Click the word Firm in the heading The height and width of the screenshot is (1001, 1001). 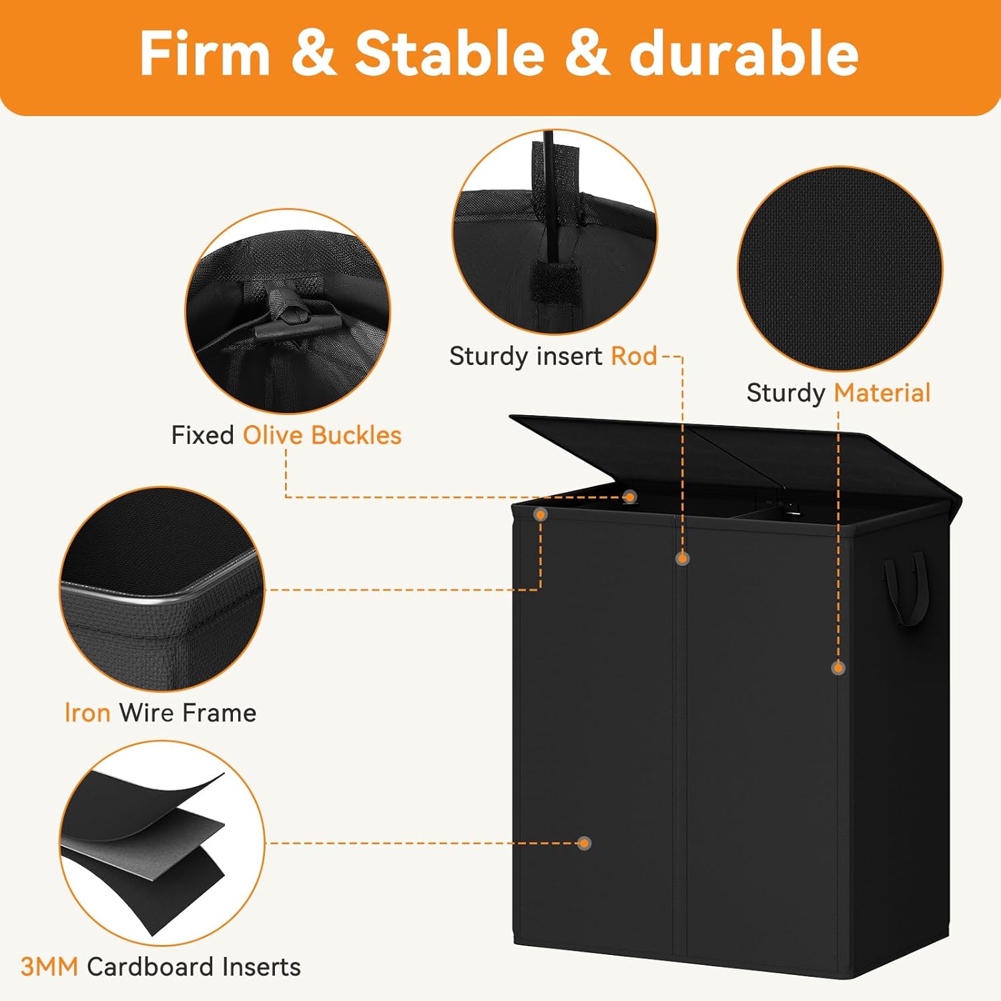[x=204, y=55]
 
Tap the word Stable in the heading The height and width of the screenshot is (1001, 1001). [x=449, y=55]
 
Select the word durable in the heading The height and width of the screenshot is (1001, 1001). [x=743, y=55]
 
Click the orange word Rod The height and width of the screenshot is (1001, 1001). [x=634, y=356]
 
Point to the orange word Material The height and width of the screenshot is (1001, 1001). [x=882, y=393]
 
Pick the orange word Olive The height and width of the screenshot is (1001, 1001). [x=273, y=435]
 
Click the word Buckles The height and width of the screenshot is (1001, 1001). [x=356, y=435]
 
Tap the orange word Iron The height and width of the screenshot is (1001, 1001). [x=87, y=713]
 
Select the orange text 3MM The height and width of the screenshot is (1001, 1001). [x=49, y=966]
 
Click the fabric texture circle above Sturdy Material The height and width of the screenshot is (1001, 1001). [x=840, y=268]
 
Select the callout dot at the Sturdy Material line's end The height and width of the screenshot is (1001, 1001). [x=838, y=667]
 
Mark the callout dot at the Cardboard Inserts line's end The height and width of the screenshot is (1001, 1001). [x=585, y=843]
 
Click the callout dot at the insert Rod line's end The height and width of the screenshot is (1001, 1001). [x=682, y=559]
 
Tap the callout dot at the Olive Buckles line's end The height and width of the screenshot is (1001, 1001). [x=630, y=496]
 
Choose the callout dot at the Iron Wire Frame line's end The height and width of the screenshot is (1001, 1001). [x=541, y=515]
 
